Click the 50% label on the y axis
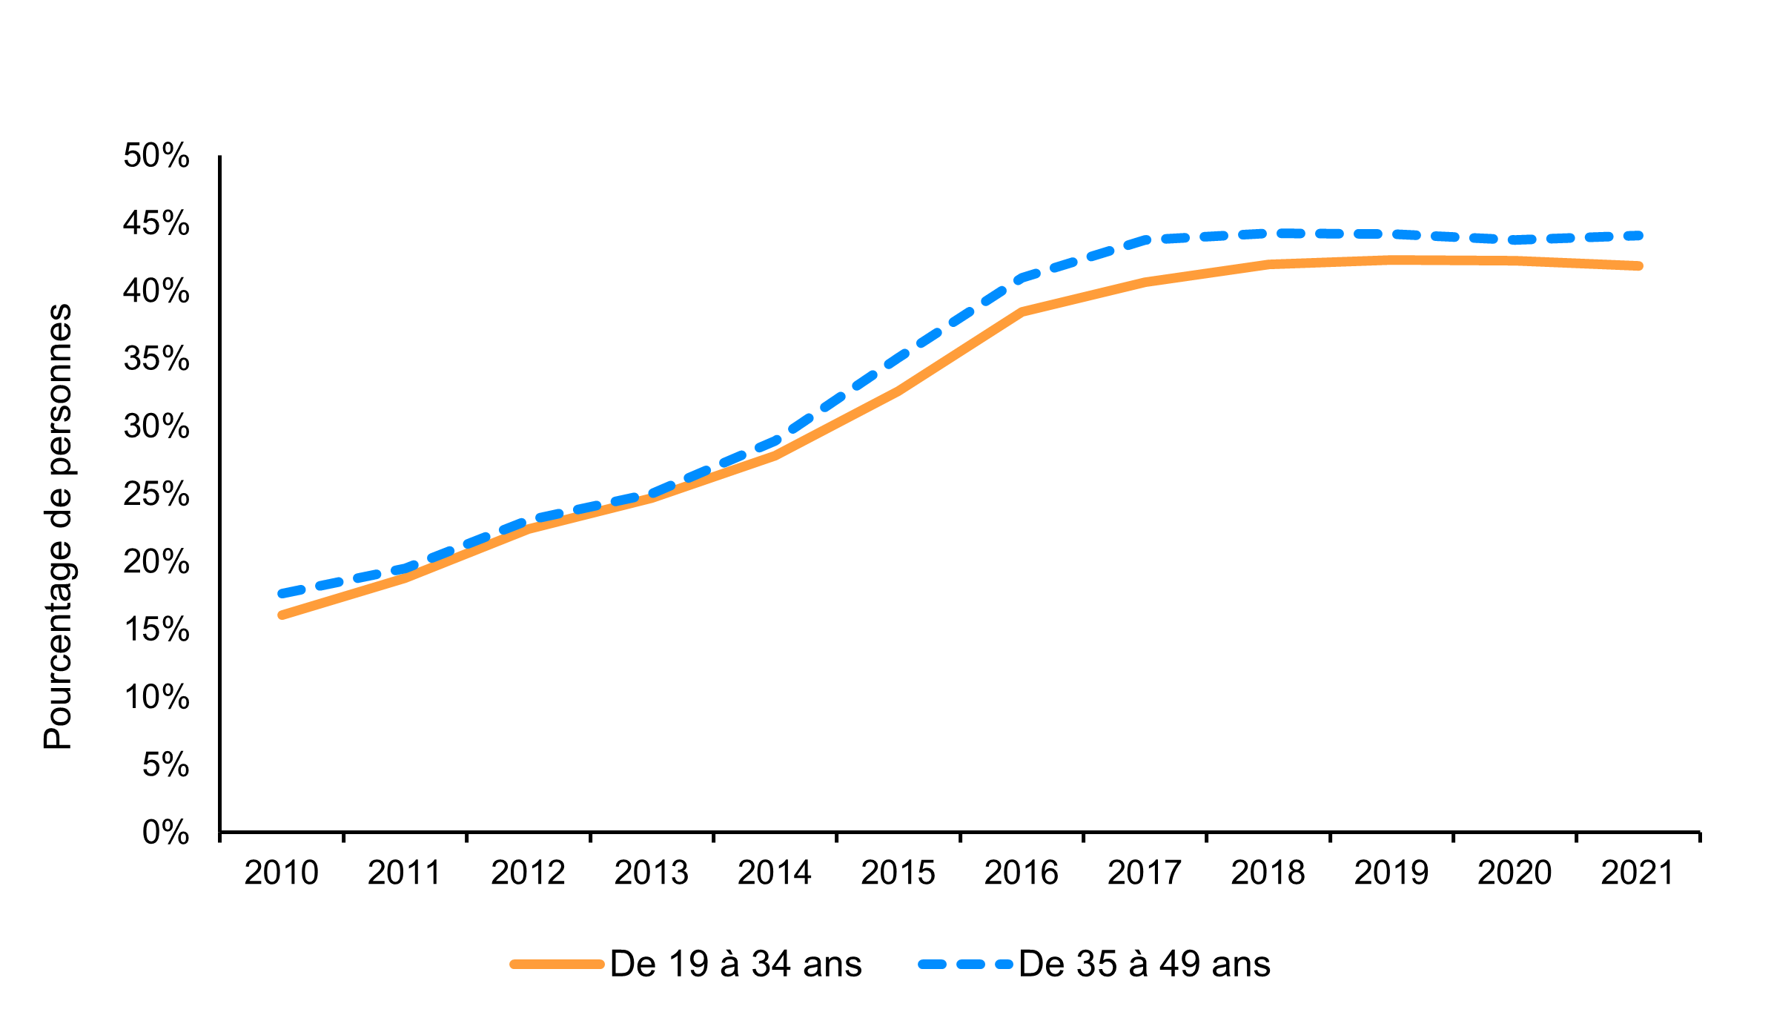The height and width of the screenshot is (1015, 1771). point(156,156)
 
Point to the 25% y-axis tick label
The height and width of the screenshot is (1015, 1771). point(156,494)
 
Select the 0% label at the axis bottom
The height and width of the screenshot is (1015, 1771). point(165,833)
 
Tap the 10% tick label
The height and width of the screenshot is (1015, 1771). point(156,697)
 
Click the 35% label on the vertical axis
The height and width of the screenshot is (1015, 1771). point(156,359)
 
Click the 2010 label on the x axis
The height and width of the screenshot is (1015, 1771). point(281,873)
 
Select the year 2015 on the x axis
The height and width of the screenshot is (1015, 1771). point(898,873)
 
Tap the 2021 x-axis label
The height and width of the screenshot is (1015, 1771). point(1638,873)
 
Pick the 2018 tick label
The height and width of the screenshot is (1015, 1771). point(1268,873)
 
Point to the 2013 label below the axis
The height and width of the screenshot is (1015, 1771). point(651,873)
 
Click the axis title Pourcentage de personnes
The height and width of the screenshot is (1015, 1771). point(58,526)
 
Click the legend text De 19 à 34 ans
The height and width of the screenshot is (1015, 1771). point(735,965)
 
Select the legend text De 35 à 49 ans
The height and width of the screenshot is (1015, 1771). point(1144,965)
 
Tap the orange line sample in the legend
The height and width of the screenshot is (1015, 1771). point(557,965)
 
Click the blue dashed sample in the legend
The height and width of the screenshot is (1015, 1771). point(964,965)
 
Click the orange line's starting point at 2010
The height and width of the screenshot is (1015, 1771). point(282,615)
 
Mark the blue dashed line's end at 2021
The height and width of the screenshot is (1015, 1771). point(1638,236)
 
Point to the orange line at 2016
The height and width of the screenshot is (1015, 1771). point(1022,311)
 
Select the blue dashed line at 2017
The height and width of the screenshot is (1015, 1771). point(1145,239)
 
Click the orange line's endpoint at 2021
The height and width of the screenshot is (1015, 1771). point(1638,265)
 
